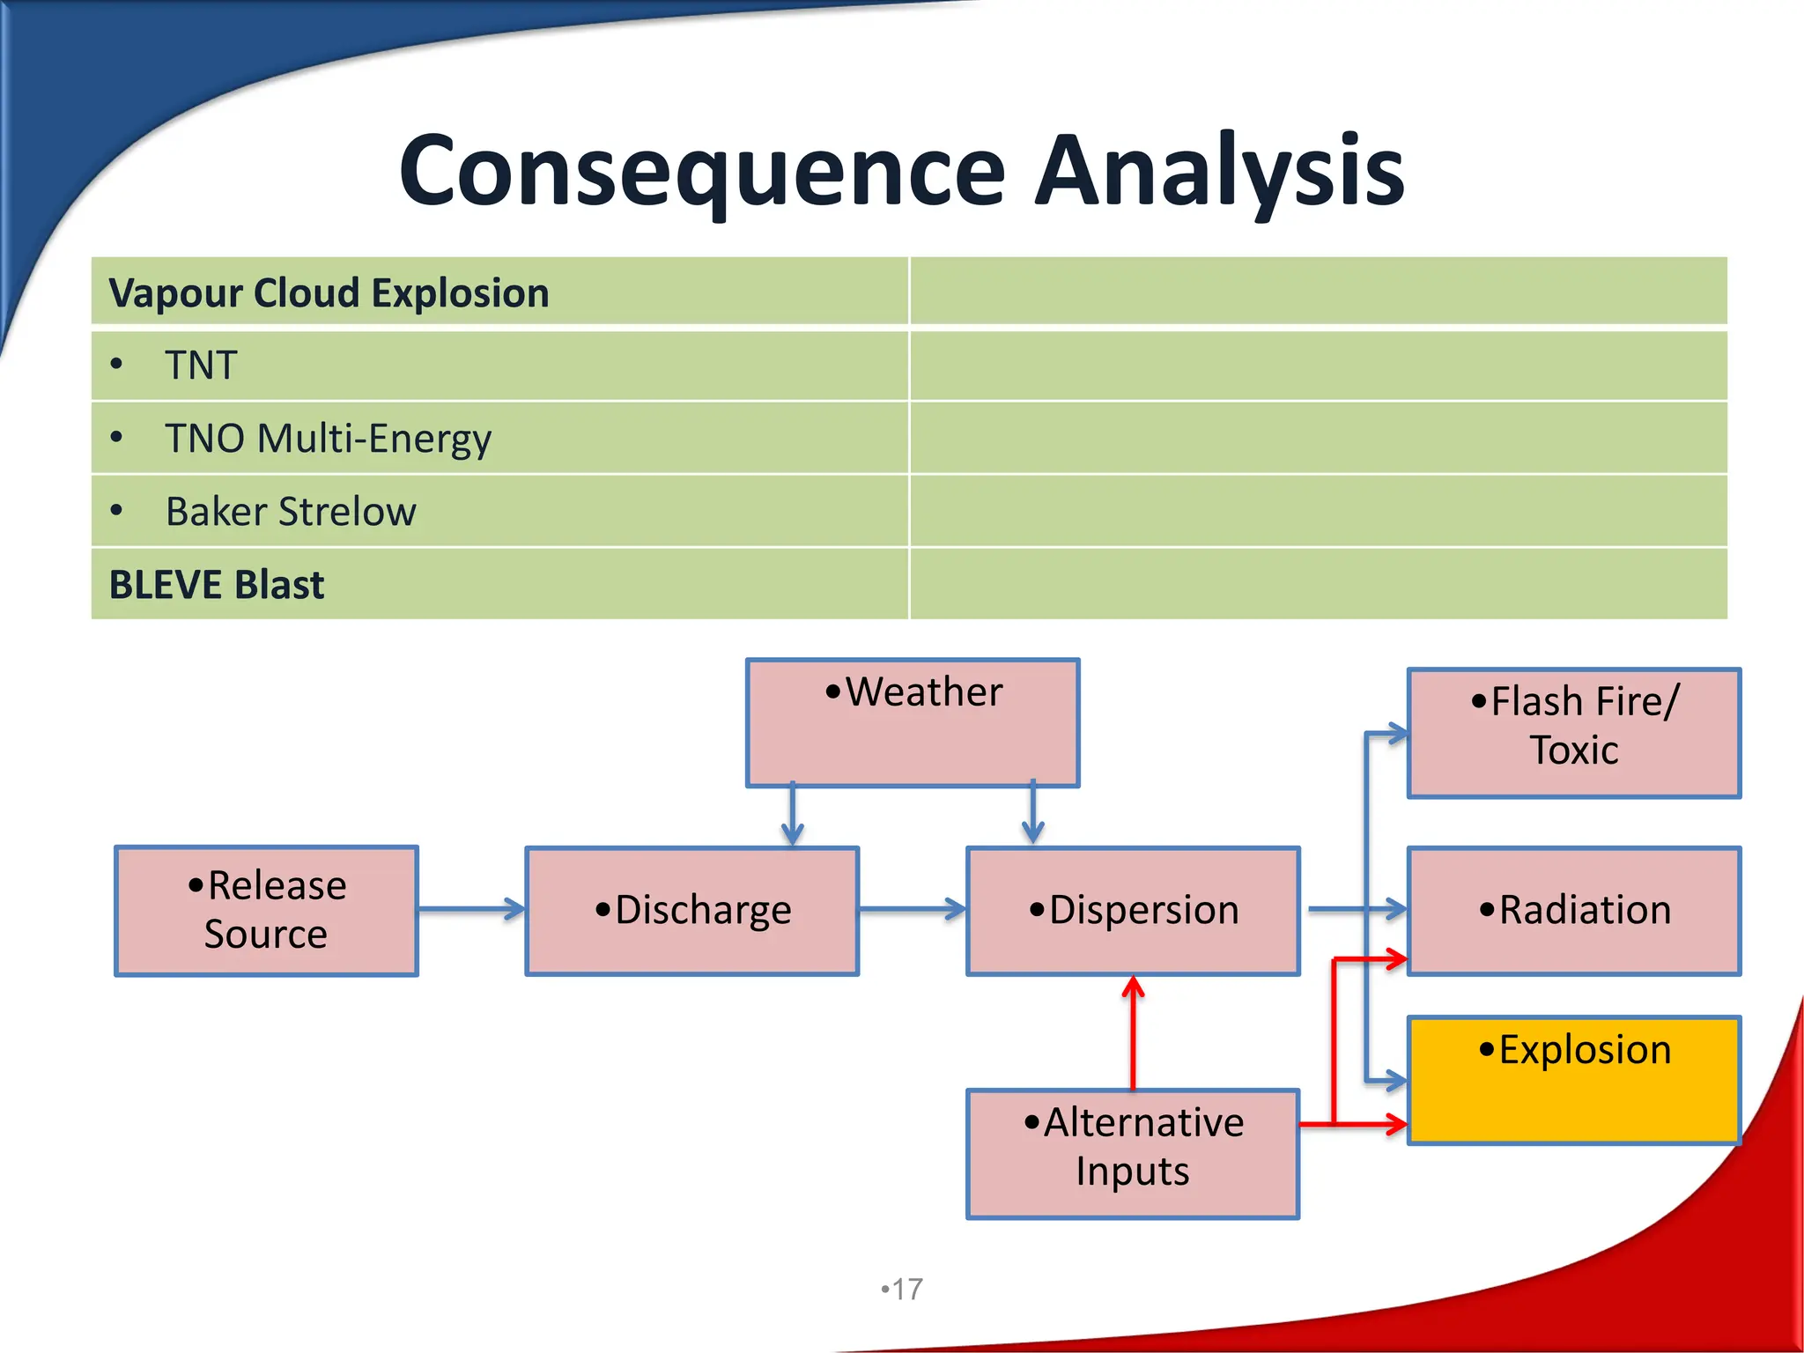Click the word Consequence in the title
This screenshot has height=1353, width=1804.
click(701, 172)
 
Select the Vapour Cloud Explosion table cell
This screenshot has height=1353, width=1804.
click(329, 293)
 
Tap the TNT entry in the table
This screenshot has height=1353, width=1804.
click(201, 366)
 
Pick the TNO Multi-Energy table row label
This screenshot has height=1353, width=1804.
click(328, 439)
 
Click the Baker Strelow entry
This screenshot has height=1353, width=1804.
click(291, 512)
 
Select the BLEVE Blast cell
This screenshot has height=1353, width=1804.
click(217, 585)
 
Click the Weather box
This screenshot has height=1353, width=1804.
click(913, 722)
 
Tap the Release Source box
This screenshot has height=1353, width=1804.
click(266, 910)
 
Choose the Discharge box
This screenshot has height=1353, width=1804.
click(692, 910)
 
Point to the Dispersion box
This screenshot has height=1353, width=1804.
click(1133, 910)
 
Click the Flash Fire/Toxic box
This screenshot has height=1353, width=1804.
click(1574, 732)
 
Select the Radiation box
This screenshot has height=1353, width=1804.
click(1574, 910)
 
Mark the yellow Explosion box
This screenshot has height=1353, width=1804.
click(1574, 1080)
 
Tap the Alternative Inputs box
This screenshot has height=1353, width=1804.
click(1133, 1153)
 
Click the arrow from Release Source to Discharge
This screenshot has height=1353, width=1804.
click(471, 909)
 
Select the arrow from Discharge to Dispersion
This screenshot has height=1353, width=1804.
click(913, 909)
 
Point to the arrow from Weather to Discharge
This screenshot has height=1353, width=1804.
click(793, 815)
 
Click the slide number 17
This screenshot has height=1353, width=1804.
click(903, 1290)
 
